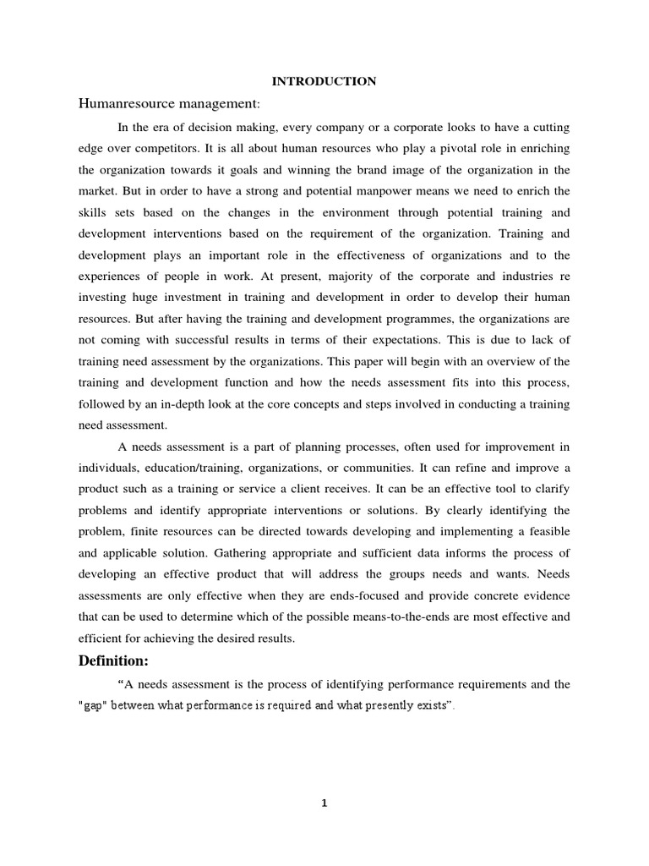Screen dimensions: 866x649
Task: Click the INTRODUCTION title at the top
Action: click(324, 81)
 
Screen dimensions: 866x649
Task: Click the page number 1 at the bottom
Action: click(324, 803)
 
